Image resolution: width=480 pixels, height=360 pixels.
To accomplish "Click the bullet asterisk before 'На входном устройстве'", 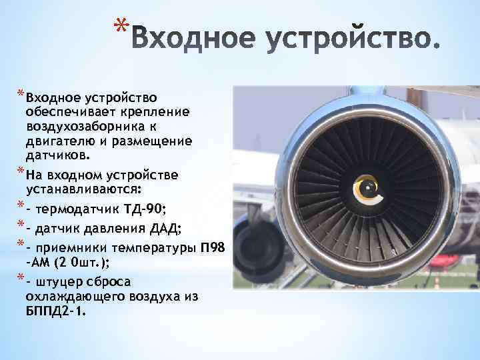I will (19, 174).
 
